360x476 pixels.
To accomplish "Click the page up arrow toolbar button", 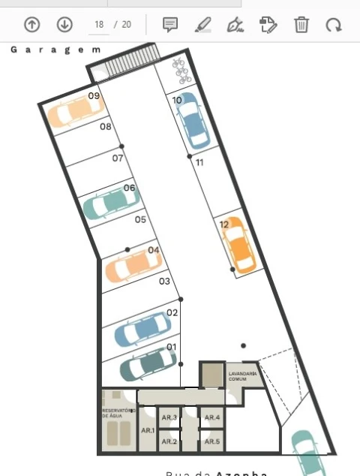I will [31, 25].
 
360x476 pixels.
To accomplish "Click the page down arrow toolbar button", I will [64, 25].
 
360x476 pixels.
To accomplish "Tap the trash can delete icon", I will [301, 25].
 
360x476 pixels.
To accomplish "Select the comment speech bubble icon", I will [170, 25].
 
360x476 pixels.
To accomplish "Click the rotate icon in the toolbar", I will [333, 25].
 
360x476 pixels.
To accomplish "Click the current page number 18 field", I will [98, 25].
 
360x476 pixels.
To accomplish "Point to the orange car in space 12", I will [238, 245].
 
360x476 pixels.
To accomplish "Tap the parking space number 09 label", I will [94, 96].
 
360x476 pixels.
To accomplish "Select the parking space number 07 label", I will [118, 158].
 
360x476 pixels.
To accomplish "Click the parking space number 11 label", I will [199, 162].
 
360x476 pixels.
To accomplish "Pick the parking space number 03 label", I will [165, 281].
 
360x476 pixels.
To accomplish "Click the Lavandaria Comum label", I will [243, 376].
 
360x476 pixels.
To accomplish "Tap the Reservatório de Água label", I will [118, 413].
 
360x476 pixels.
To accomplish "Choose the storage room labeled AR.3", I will [169, 417].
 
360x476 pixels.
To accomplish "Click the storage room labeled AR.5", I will [212, 441].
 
